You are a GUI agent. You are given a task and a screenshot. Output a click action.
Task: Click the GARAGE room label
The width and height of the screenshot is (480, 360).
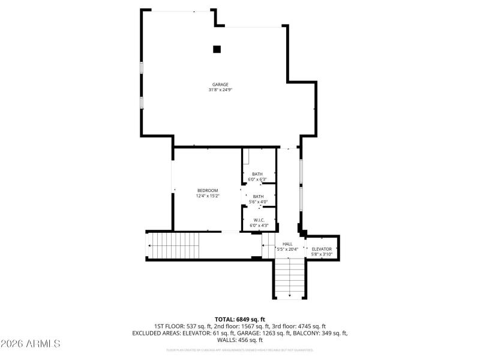(220, 85)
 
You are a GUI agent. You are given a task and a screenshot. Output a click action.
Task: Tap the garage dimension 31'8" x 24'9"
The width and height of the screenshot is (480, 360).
(220, 90)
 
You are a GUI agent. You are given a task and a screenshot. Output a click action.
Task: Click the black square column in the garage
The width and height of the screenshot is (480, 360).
(217, 49)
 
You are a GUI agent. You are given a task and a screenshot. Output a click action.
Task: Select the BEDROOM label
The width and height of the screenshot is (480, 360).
(207, 191)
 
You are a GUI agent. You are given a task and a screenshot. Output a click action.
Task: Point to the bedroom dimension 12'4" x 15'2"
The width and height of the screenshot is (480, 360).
(207, 196)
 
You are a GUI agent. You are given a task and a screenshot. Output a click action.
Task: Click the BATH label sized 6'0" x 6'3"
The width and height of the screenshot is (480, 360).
(257, 175)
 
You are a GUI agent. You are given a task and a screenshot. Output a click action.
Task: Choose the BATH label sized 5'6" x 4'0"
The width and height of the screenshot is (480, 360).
(258, 196)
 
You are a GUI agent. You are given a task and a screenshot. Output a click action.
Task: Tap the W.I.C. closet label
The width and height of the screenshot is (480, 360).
(259, 220)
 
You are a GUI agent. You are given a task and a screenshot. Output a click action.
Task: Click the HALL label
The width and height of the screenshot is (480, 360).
(287, 244)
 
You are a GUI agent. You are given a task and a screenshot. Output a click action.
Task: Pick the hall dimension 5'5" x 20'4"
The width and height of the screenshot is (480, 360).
(287, 249)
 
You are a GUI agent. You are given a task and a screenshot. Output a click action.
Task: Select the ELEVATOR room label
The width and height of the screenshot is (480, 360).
(322, 248)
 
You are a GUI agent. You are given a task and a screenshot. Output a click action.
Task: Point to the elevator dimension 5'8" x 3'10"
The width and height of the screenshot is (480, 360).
(322, 254)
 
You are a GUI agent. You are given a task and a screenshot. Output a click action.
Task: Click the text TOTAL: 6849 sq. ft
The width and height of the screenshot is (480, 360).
(240, 319)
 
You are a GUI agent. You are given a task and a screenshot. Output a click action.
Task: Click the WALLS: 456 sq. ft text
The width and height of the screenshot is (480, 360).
(240, 340)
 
